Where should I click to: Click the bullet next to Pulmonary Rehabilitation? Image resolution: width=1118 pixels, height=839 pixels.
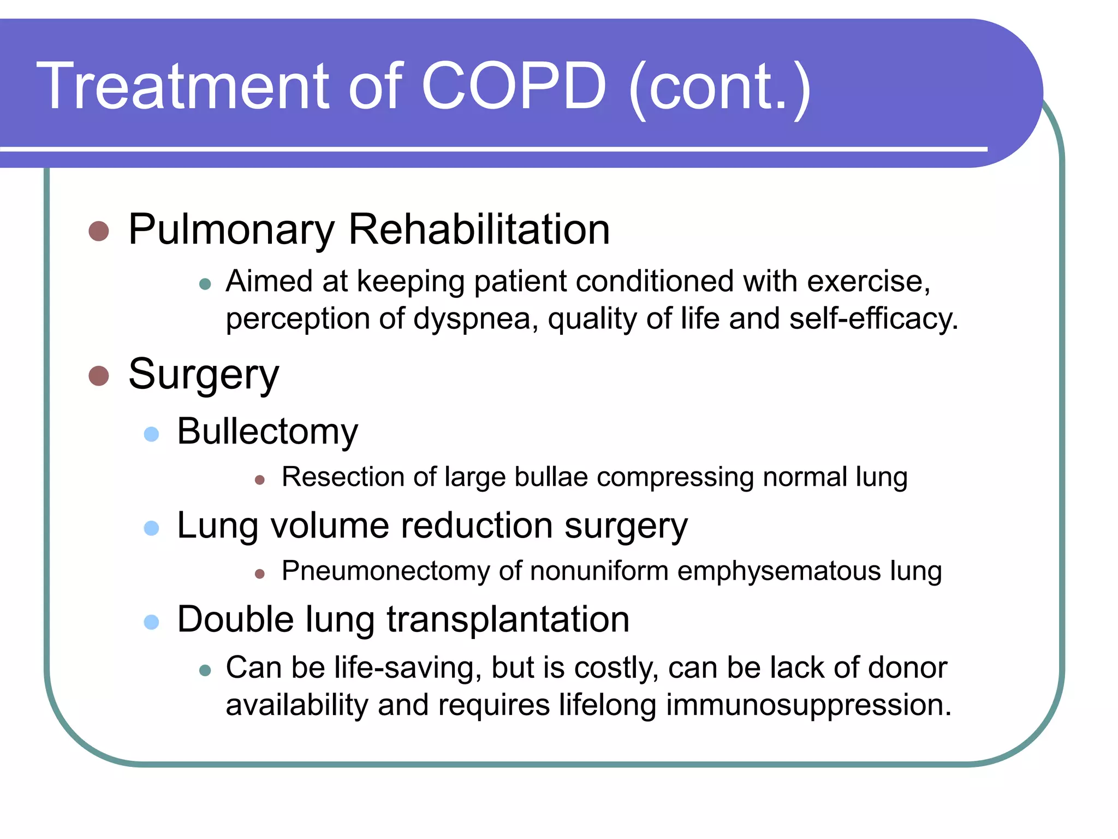[x=99, y=231]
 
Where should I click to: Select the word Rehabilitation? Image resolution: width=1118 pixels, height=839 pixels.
[x=479, y=229]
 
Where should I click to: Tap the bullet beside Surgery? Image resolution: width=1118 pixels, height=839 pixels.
[x=99, y=376]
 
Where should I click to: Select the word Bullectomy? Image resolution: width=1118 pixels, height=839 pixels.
[x=267, y=432]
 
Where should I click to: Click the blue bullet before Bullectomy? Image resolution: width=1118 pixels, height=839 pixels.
[x=151, y=434]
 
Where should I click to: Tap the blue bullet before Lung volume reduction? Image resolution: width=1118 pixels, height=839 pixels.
[x=151, y=528]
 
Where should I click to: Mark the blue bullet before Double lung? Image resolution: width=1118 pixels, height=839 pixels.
[x=151, y=622]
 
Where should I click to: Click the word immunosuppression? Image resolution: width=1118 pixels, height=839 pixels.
[x=808, y=705]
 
